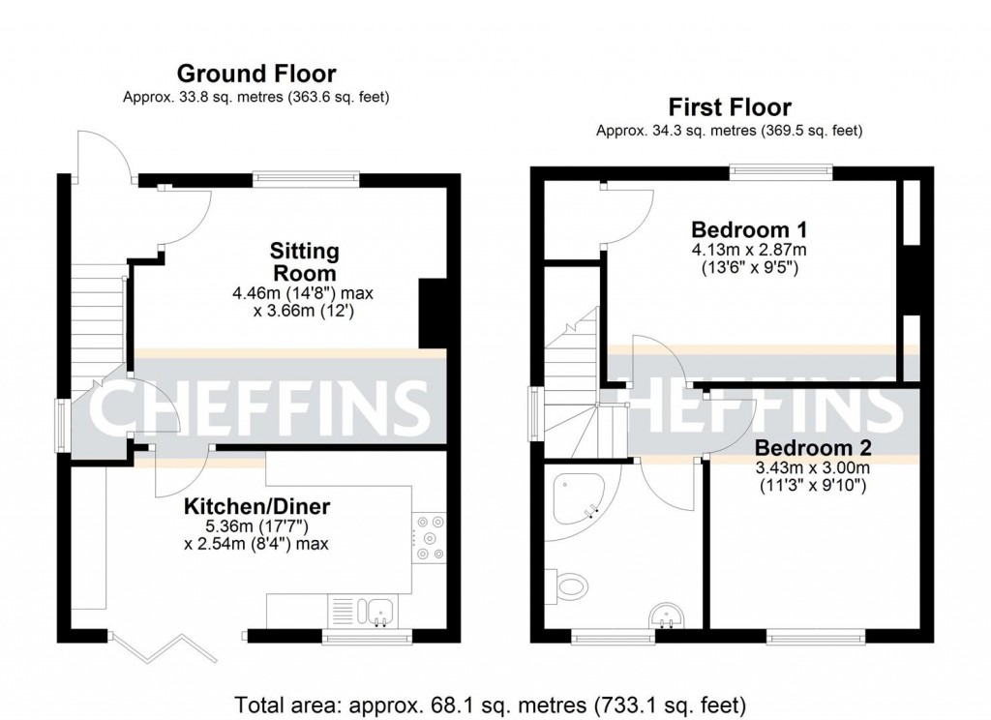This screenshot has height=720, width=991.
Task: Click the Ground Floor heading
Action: [255, 74]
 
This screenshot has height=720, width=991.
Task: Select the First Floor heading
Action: [729, 106]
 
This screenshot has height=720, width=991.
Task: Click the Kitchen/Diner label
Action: [257, 506]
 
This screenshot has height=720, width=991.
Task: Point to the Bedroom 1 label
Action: [749, 230]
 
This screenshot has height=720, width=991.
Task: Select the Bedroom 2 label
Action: [813, 448]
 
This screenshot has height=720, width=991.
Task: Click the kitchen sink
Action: [376, 609]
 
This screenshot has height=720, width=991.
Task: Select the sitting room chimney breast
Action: [433, 313]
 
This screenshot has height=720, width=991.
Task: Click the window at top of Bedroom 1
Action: [781, 172]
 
